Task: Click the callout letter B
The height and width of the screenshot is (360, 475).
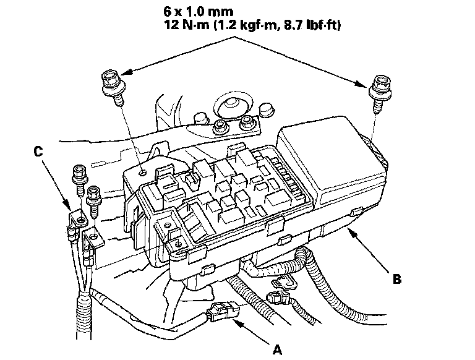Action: (x=398, y=279)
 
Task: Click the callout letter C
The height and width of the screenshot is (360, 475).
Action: (x=38, y=150)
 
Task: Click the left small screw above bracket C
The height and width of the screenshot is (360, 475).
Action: (x=79, y=177)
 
